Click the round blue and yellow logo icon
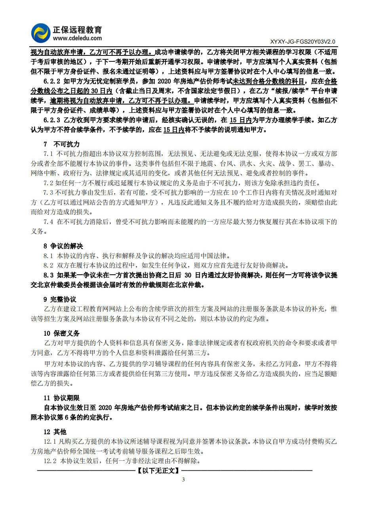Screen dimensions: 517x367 41,33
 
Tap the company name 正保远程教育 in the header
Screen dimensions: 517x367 77,30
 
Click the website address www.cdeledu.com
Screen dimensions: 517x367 77,38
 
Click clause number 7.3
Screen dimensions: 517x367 48,192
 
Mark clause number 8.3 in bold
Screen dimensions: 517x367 48,275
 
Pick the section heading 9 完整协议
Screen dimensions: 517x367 60,299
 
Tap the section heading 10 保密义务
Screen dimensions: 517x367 61,333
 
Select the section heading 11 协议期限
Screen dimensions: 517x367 61,398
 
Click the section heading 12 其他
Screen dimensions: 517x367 55,432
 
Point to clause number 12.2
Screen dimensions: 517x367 50,461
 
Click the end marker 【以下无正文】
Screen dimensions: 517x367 158,471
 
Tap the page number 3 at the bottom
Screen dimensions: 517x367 183,480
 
